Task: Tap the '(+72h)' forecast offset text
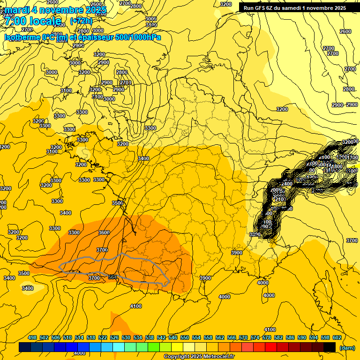[x=81, y=21]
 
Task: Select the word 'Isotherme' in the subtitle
[x=22, y=37]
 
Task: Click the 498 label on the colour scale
[x=32, y=337]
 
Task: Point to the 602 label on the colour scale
[x=337, y=337]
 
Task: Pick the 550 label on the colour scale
[x=185, y=337]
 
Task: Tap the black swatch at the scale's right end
[x=330, y=347]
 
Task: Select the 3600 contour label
[x=104, y=232]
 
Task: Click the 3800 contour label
[x=255, y=234]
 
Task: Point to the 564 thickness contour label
[x=112, y=277]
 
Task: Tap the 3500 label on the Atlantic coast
[x=117, y=203]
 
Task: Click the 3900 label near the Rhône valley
[x=237, y=253]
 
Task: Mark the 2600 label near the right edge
[x=345, y=31]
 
